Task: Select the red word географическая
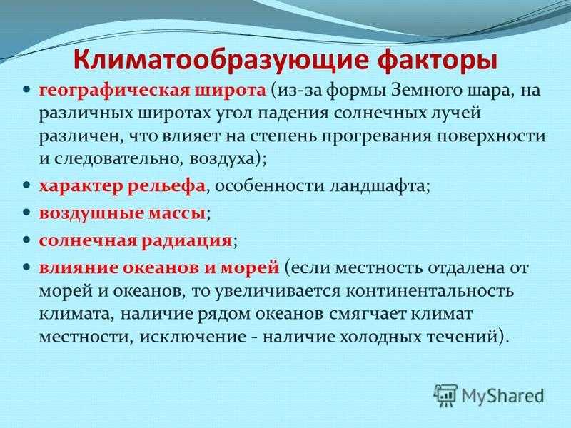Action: point(115,91)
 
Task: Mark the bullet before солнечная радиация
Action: point(26,240)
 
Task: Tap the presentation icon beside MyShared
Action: point(445,395)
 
